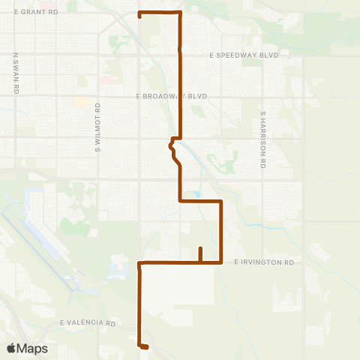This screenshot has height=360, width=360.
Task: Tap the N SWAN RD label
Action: tap(16, 73)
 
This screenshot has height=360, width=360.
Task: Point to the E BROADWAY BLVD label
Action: tap(170, 97)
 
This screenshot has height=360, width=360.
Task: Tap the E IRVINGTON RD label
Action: tap(264, 262)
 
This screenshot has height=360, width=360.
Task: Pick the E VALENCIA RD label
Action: tap(88, 323)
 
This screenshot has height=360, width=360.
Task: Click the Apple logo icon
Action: tap(12, 349)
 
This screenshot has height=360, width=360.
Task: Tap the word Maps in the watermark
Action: tap(33, 349)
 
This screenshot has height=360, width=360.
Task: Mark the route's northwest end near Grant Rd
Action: tap(140, 14)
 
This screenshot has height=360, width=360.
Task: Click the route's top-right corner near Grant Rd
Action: tap(180, 13)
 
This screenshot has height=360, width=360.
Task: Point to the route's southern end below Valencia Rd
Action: tap(143, 346)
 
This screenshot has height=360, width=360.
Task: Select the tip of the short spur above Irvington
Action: tap(200, 248)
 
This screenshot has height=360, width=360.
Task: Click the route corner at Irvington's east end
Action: tap(221, 262)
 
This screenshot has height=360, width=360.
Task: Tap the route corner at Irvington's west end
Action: tap(140, 262)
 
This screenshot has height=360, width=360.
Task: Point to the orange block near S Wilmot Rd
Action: tap(80, 101)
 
